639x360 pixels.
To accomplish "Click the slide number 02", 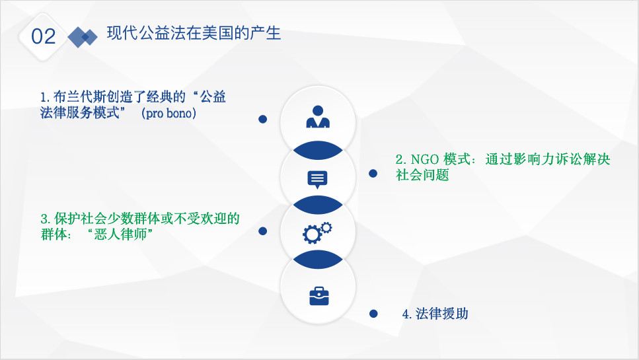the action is tap(43, 36).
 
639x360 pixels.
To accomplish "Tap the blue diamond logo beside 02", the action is tap(83, 37).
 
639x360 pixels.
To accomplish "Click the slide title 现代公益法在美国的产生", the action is tap(194, 34).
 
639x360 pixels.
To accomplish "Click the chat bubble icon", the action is tap(317, 180).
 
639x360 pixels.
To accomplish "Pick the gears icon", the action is tap(317, 233).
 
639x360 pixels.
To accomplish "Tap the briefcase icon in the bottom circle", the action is tap(319, 296).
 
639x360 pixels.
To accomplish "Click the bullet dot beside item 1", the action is tap(263, 119).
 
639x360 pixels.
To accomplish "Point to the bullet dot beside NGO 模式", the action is tap(373, 174).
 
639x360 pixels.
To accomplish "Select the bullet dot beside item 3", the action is tap(263, 231).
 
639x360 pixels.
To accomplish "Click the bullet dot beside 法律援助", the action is tap(373, 314).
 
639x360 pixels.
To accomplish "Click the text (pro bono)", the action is tap(169, 113).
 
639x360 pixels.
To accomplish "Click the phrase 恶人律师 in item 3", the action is tap(120, 234).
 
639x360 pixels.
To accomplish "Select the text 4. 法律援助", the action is tap(435, 314).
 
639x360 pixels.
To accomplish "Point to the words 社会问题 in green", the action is tap(422, 174).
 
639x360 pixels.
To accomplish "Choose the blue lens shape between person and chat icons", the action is tap(318, 150).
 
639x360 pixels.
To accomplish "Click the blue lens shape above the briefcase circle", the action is tap(318, 260).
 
